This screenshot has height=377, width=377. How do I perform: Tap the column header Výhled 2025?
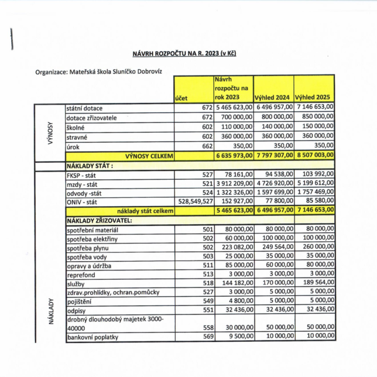[x=314, y=98]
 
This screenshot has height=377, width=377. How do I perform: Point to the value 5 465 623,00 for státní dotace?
[x=234, y=107]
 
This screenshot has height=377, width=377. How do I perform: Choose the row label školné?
[x=77, y=127]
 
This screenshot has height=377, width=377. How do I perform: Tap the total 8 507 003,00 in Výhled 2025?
[x=314, y=156]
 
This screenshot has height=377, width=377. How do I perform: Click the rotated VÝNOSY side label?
[x=50, y=132]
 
